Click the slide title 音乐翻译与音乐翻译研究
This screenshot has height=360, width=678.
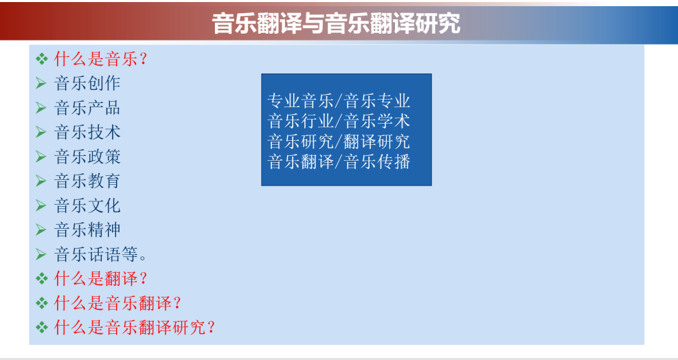[x=336, y=23]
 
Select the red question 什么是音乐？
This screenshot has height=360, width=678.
[x=101, y=59]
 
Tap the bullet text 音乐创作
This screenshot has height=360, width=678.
[x=87, y=83]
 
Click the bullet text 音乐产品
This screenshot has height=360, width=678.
[x=87, y=108]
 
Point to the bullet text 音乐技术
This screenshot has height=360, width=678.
[x=87, y=132]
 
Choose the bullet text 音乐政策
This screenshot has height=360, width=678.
[x=87, y=157]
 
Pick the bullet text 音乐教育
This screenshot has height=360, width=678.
[x=87, y=181]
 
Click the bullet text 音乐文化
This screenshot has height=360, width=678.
[x=87, y=205]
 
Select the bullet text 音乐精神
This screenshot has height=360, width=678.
[x=87, y=229]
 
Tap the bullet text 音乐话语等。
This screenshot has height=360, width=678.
[x=100, y=254]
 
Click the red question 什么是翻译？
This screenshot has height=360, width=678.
[x=101, y=279]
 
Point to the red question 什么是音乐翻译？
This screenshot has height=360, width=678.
[x=117, y=303]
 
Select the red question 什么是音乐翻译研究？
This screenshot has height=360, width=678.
[x=135, y=328]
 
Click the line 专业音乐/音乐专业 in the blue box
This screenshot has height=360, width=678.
[x=339, y=101]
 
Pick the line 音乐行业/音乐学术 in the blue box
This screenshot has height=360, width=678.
[x=339, y=121]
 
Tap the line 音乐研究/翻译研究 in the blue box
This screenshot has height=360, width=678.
[x=339, y=142]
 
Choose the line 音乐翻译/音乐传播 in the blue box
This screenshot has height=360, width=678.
[x=339, y=162]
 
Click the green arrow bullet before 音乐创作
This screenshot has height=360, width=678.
[x=41, y=83]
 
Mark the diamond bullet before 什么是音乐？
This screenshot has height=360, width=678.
[x=41, y=59]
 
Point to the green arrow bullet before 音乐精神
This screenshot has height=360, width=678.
[x=41, y=229]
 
